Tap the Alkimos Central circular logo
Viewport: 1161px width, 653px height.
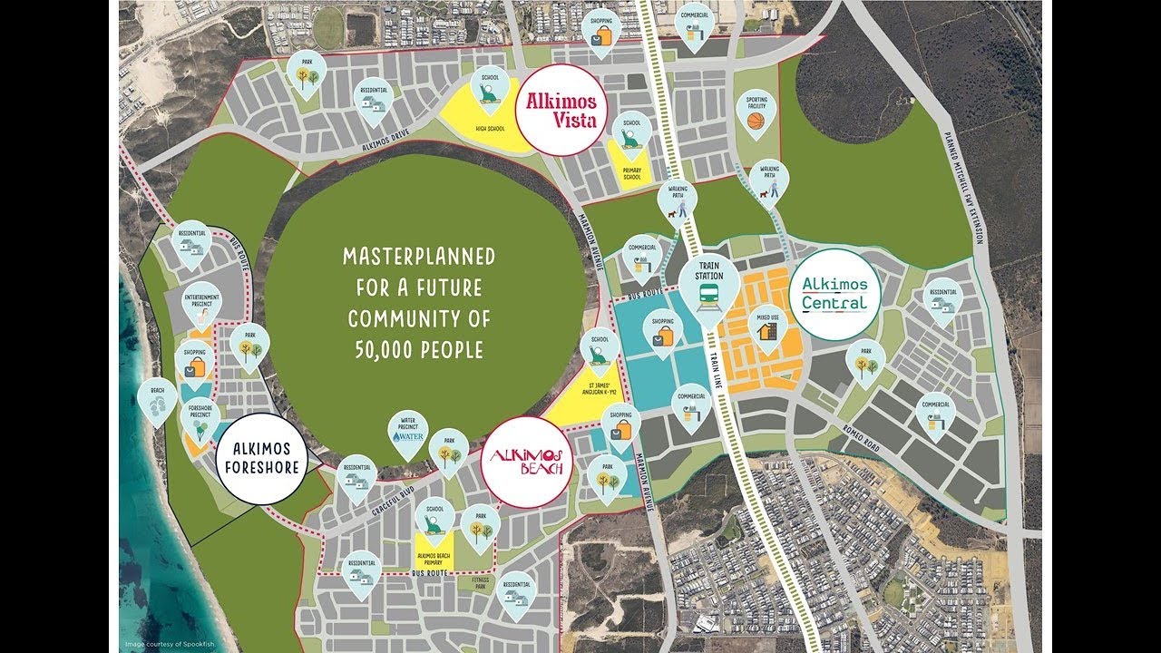click(834, 294)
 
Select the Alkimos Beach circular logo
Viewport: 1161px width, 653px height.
click(527, 463)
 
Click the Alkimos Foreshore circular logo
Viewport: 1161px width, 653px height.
click(262, 458)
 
